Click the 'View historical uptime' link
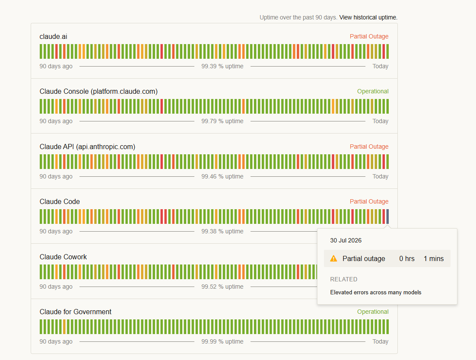click(x=368, y=17)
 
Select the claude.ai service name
click(x=54, y=36)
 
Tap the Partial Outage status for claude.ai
click(x=369, y=36)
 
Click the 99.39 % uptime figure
click(x=222, y=66)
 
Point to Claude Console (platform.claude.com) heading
click(x=98, y=92)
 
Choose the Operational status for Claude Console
click(x=373, y=92)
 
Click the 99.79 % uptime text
click(x=222, y=121)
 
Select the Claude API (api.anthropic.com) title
click(x=87, y=147)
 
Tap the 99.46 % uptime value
click(x=222, y=176)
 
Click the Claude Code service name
click(x=60, y=202)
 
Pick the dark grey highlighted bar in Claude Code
click(x=387, y=217)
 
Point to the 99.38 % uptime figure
click(x=222, y=232)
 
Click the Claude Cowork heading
click(x=63, y=257)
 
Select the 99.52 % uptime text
click(x=222, y=287)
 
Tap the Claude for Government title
click(x=76, y=312)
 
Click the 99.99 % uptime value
click(x=222, y=342)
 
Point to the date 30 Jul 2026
click(x=346, y=240)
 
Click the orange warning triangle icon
click(x=333, y=258)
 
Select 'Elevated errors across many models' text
click(x=376, y=292)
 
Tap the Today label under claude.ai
click(x=381, y=66)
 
